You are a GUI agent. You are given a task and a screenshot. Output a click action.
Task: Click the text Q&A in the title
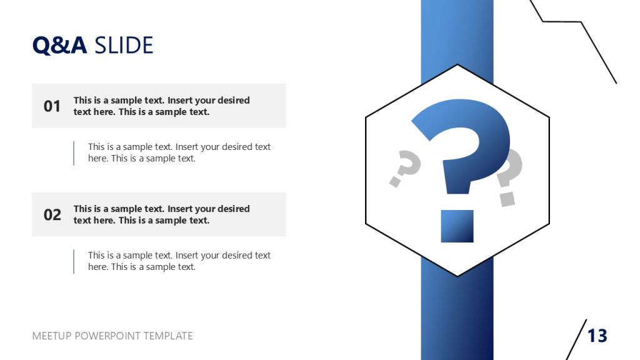tap(59, 46)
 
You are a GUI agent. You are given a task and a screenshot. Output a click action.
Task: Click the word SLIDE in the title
tap(123, 46)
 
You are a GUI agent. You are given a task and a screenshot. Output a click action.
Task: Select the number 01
tap(52, 106)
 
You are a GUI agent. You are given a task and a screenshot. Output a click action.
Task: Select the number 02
tap(52, 215)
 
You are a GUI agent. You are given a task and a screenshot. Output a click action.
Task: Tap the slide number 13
tap(597, 336)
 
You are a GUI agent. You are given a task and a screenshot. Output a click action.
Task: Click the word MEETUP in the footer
tap(52, 336)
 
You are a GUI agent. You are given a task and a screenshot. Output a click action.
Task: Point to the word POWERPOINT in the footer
tap(108, 336)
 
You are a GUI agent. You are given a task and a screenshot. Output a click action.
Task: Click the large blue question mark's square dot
tap(457, 226)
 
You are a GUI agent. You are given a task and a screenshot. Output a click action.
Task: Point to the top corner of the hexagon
tap(457, 64)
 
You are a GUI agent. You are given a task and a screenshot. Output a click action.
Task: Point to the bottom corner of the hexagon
tap(457, 276)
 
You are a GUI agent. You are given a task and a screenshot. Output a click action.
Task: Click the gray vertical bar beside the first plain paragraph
tap(74, 153)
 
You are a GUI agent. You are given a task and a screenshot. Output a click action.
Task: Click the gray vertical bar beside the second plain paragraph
tap(74, 261)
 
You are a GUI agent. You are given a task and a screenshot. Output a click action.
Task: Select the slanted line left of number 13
tap(576, 339)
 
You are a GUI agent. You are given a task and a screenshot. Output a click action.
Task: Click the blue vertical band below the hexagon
tap(457, 319)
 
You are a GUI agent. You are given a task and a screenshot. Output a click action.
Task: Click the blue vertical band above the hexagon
tap(457, 31)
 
